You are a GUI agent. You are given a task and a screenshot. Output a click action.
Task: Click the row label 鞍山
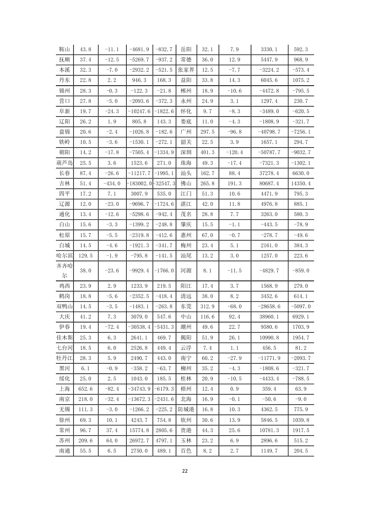pos(64,49)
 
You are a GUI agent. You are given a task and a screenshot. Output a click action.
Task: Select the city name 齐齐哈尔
pos(64,271)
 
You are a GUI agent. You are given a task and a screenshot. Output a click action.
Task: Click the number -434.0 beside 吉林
pos(112,183)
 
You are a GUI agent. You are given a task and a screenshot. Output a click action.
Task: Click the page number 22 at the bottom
pos(185,471)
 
